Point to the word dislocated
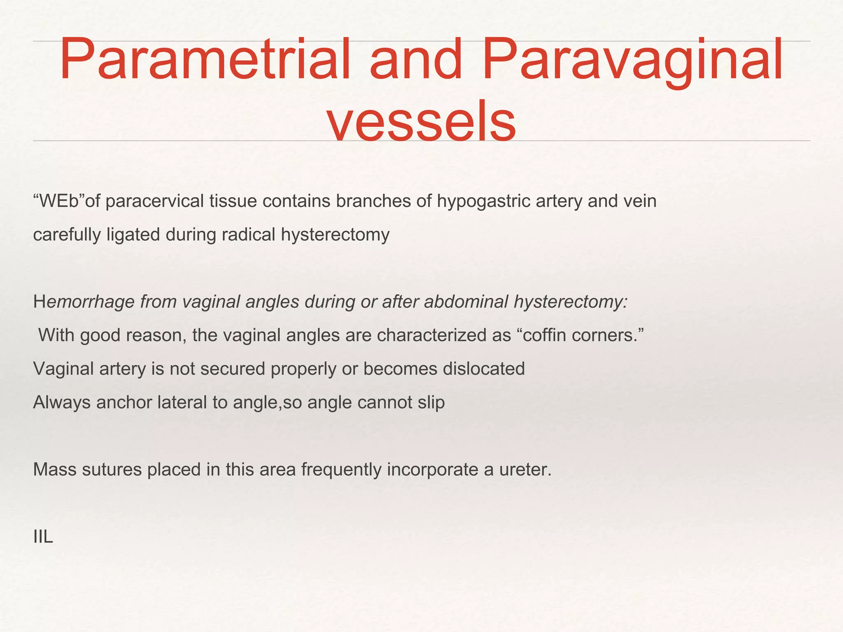(x=484, y=369)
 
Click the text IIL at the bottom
(x=43, y=537)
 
